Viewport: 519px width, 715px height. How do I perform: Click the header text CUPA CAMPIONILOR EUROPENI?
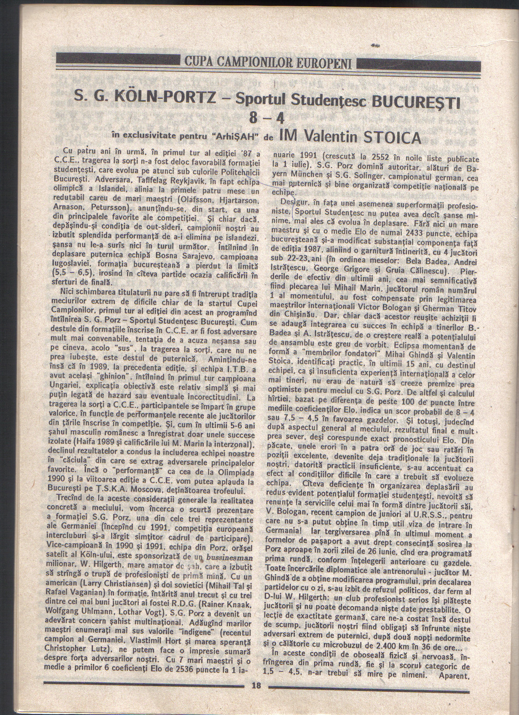point(269,63)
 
